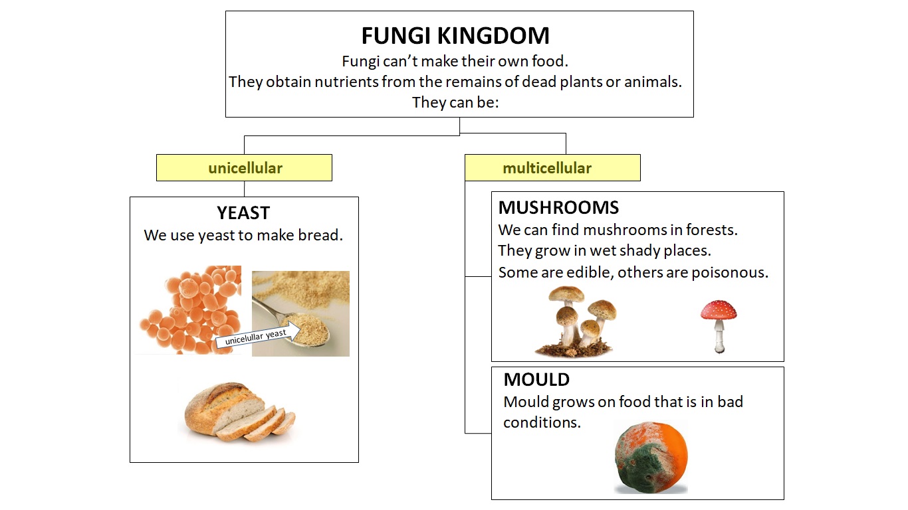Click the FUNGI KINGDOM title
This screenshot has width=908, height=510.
point(455,35)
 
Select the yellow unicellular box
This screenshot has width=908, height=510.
point(244,168)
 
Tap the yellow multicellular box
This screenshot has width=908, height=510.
point(552,168)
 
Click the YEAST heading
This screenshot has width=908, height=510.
point(243,213)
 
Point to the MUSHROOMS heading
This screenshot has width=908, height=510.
point(558,208)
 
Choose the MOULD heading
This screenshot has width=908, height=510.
point(536,380)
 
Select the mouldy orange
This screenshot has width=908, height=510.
point(650,458)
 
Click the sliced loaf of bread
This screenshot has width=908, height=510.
point(238,413)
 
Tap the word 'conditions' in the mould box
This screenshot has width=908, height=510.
point(542,422)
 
